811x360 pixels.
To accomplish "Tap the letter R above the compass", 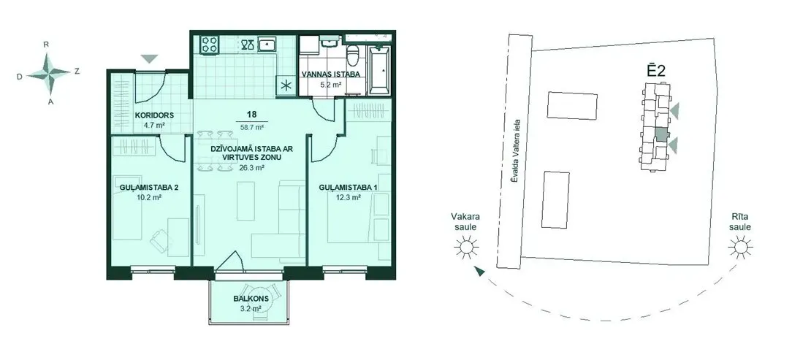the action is click(47, 45).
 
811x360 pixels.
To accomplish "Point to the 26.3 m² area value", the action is click(252, 168).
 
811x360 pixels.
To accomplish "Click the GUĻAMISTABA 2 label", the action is click(149, 188).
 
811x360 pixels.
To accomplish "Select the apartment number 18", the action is click(252, 114).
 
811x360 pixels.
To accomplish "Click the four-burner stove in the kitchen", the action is click(210, 44).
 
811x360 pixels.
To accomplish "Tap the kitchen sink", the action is click(267, 45).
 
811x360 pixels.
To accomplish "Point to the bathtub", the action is click(380, 69).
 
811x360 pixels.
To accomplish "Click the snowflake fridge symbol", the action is click(286, 86).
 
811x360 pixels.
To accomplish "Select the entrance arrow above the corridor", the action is click(149, 59).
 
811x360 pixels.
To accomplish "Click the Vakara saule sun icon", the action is click(466, 248).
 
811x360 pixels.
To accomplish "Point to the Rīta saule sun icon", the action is click(740, 248).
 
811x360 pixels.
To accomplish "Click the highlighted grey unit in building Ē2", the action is click(661, 134).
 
